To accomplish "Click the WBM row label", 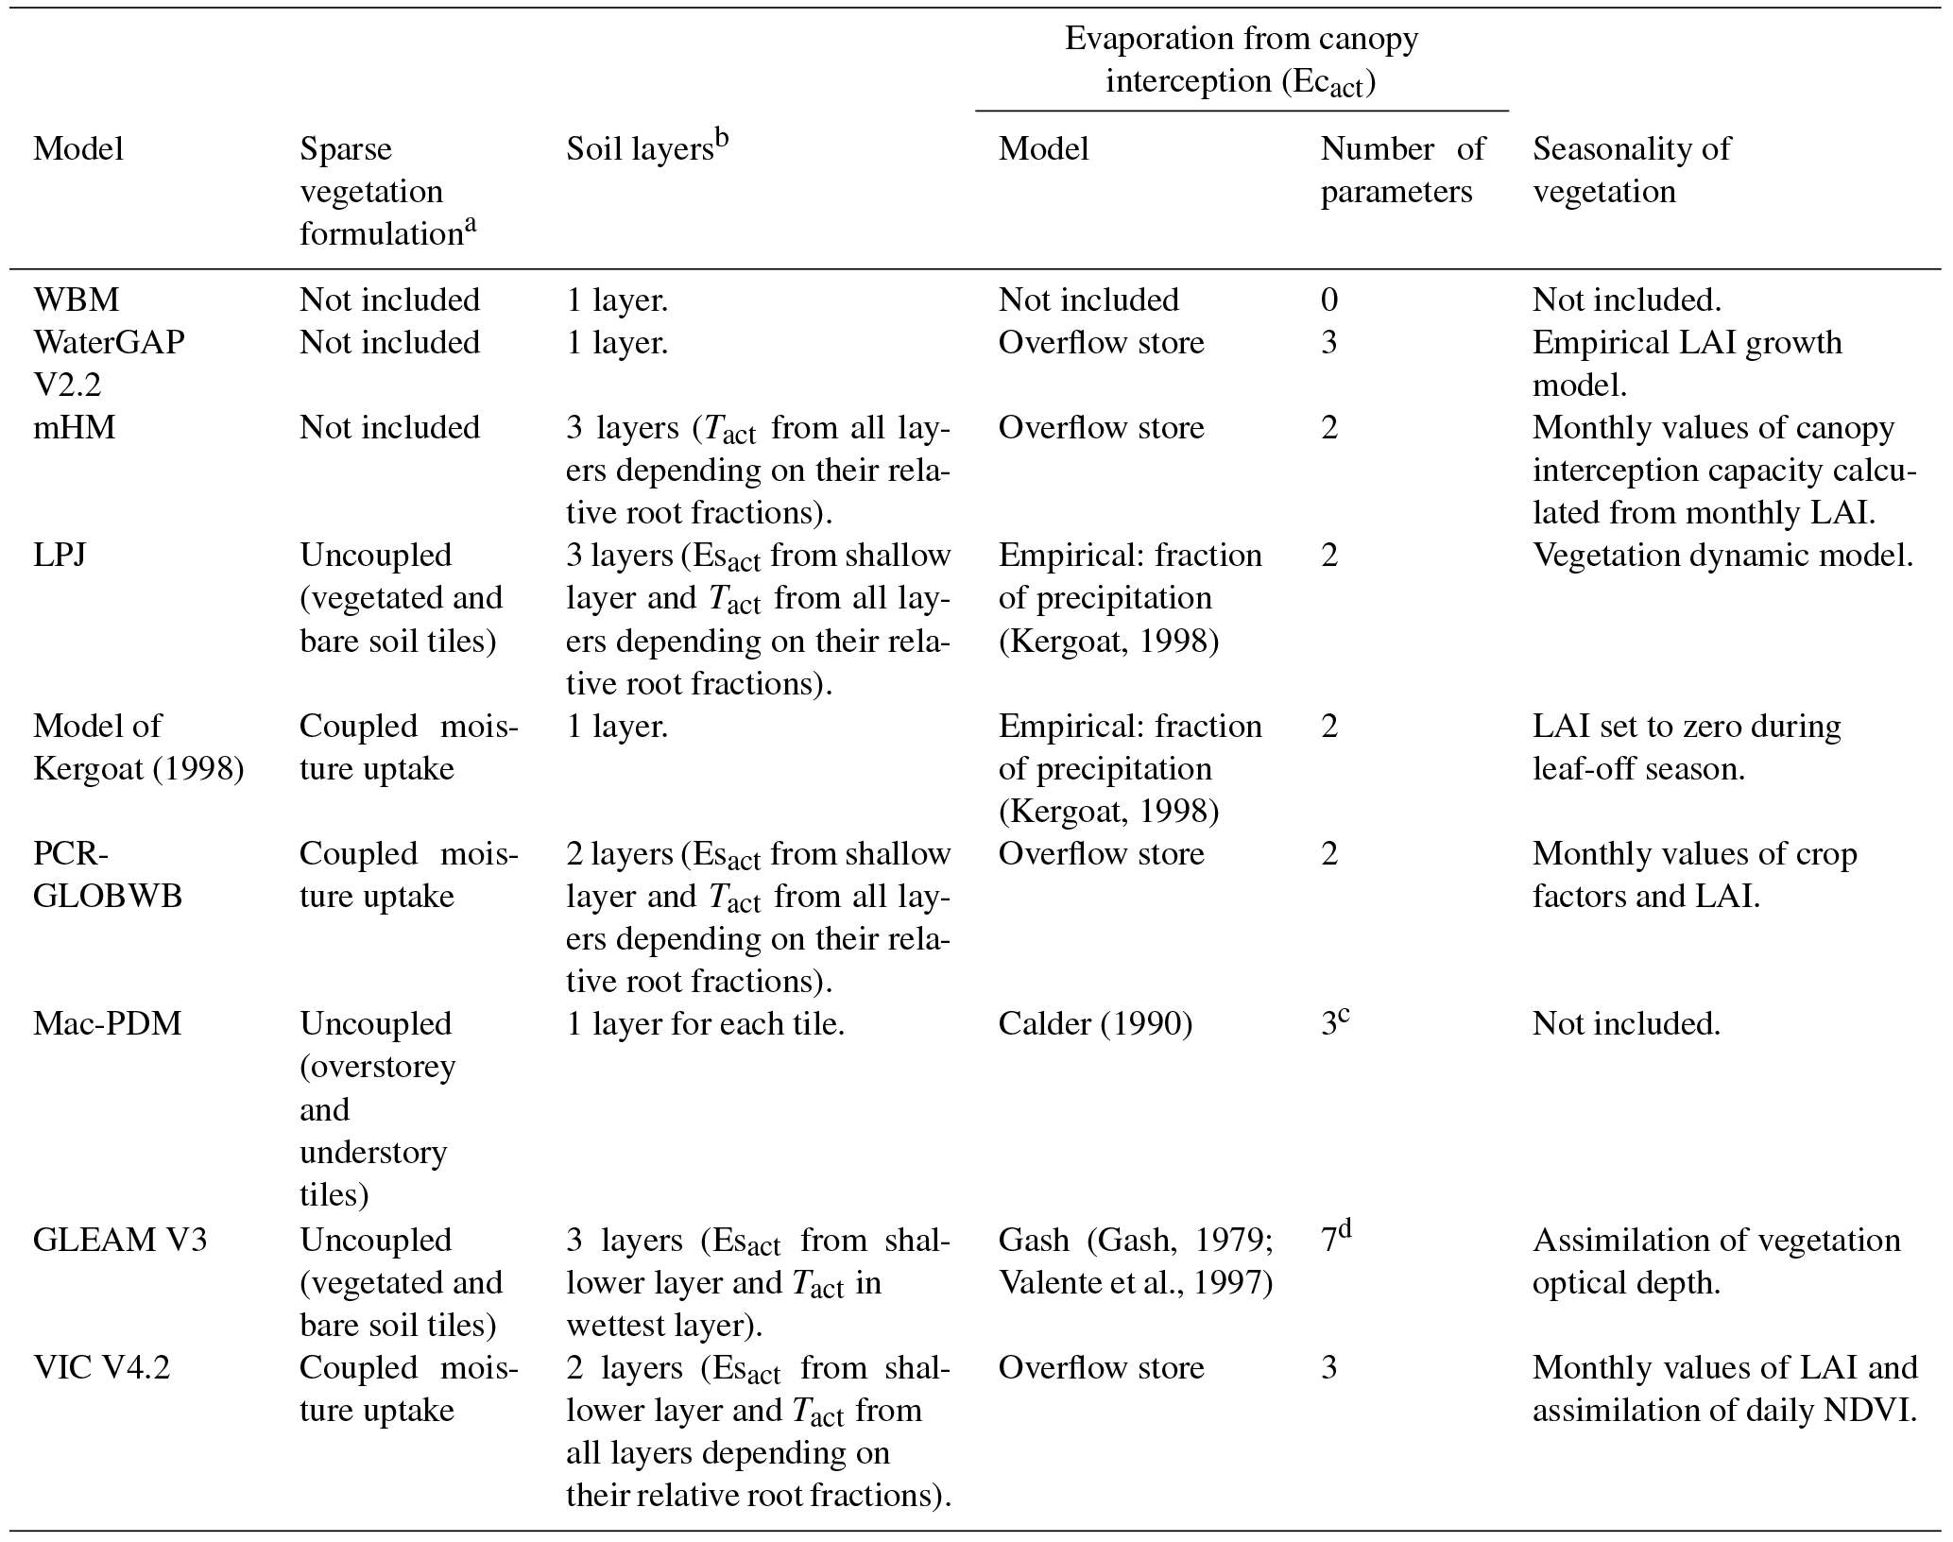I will pyautogui.click(x=77, y=300).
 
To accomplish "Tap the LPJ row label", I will pyautogui.click(x=59, y=555).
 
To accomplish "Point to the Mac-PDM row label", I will pyautogui.click(x=107, y=1023).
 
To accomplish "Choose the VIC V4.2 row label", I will pyautogui.click(x=102, y=1366).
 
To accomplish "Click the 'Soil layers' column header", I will pyautogui.click(x=648, y=148).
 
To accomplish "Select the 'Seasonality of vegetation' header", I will pyautogui.click(x=1632, y=170).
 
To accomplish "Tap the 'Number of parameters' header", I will pyautogui.click(x=1402, y=170).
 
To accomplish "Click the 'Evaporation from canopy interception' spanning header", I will pyautogui.click(x=1242, y=60).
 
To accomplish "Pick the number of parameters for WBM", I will pyautogui.click(x=1329, y=300).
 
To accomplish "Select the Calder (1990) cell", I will pyautogui.click(x=1095, y=1023).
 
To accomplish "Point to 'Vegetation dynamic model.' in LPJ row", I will pyautogui.click(x=1722, y=555).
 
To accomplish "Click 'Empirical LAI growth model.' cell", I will pyautogui.click(x=1687, y=363).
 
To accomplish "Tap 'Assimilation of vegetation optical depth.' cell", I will pyautogui.click(x=1716, y=1260).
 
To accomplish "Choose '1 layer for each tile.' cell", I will pyautogui.click(x=705, y=1023).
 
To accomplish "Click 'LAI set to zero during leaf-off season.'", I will pyautogui.click(x=1687, y=746).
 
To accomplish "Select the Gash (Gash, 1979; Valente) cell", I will pyautogui.click(x=1136, y=1260).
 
